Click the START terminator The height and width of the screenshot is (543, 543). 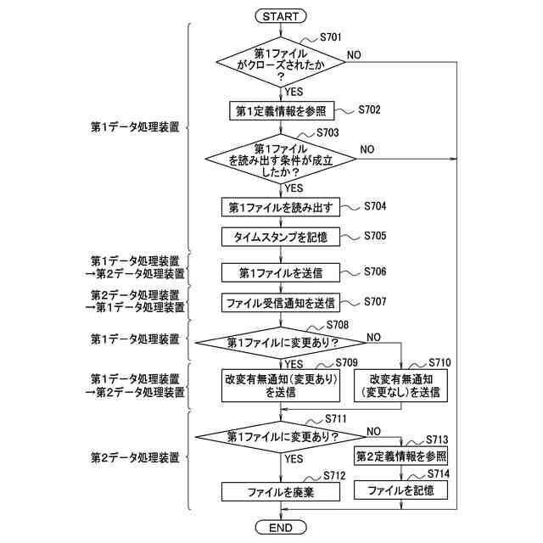[x=280, y=17]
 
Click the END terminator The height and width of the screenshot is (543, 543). [x=280, y=528]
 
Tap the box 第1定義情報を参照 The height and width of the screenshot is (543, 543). [x=281, y=110]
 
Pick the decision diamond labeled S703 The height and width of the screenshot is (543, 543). [x=280, y=159]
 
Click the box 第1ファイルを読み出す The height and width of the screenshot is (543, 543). [x=281, y=207]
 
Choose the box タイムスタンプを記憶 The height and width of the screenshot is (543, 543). [x=281, y=237]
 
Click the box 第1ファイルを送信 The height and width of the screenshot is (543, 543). [x=281, y=272]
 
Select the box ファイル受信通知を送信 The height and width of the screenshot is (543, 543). [x=281, y=302]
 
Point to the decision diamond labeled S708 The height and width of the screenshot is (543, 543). [x=281, y=343]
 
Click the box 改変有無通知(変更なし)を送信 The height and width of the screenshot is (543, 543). [x=400, y=385]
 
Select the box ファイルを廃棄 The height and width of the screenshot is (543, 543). [x=281, y=492]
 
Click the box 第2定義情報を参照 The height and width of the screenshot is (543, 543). [x=401, y=456]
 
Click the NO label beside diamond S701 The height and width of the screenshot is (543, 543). [x=354, y=54]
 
